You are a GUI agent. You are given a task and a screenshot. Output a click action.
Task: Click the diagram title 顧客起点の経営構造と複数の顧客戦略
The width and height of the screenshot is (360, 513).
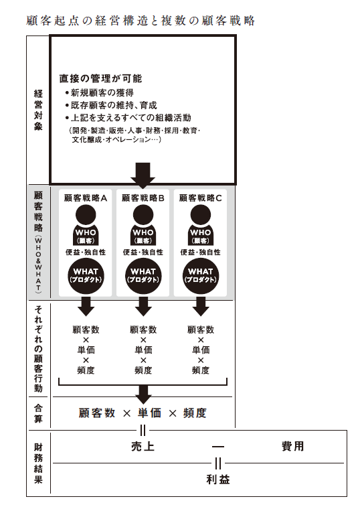tap(141, 21)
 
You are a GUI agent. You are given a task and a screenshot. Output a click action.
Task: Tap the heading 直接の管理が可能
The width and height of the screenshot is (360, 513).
tap(101, 78)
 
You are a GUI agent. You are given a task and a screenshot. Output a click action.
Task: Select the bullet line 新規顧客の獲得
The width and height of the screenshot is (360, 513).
tap(100, 93)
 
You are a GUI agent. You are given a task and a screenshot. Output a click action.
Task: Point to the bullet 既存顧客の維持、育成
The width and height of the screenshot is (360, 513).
tap(111, 105)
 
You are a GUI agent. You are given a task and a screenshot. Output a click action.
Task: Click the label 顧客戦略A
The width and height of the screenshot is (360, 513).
tap(86, 198)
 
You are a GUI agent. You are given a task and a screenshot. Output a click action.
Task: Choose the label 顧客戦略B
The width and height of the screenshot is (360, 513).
tap(143, 198)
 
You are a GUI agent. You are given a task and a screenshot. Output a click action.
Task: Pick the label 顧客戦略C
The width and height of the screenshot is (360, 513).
tap(201, 198)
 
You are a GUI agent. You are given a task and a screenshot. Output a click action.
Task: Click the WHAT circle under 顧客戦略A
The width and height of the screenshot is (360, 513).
tap(86, 276)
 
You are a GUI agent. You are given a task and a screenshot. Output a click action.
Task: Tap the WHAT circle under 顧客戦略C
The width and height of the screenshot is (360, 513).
tap(201, 276)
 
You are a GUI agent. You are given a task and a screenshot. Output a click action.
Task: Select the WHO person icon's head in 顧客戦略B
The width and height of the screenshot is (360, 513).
tap(143, 215)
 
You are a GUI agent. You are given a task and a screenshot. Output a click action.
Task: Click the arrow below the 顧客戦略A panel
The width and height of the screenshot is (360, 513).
tap(86, 306)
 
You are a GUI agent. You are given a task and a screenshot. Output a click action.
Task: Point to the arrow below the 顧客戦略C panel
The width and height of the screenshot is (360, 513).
tap(201, 306)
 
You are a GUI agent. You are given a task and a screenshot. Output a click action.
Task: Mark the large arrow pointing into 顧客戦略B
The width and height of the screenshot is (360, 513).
tap(143, 175)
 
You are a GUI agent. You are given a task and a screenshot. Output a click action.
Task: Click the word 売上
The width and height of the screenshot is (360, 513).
tap(143, 447)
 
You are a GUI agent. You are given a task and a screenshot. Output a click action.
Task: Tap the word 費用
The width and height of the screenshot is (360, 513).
tap(292, 446)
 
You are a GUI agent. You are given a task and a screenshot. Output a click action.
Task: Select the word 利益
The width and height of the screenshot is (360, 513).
tap(218, 480)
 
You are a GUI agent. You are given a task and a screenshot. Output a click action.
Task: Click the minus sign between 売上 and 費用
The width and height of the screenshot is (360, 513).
tap(218, 446)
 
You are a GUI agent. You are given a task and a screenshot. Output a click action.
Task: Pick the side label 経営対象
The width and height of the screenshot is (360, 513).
tap(38, 110)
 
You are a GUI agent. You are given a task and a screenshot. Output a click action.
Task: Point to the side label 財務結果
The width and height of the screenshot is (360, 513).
tap(38, 463)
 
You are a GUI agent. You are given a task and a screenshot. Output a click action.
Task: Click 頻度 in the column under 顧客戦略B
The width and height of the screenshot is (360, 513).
tap(143, 370)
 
